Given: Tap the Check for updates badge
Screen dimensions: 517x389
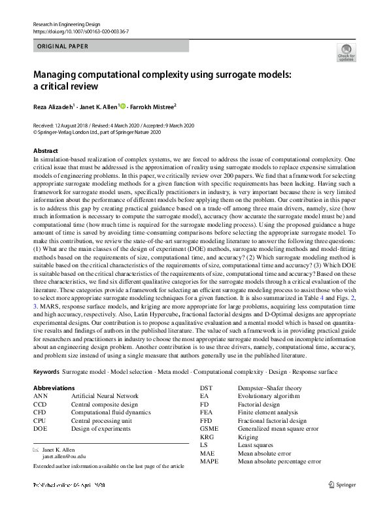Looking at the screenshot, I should point(345,53).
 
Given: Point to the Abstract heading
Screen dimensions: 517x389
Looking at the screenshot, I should point(45,150).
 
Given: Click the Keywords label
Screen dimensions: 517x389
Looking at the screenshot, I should point(46,372).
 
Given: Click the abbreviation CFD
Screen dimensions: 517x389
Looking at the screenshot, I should point(40,412).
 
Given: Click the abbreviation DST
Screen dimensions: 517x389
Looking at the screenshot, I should point(207,388).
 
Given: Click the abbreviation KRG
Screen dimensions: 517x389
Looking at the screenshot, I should point(207,437).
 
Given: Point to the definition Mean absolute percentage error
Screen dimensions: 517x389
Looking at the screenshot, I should point(279,461).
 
